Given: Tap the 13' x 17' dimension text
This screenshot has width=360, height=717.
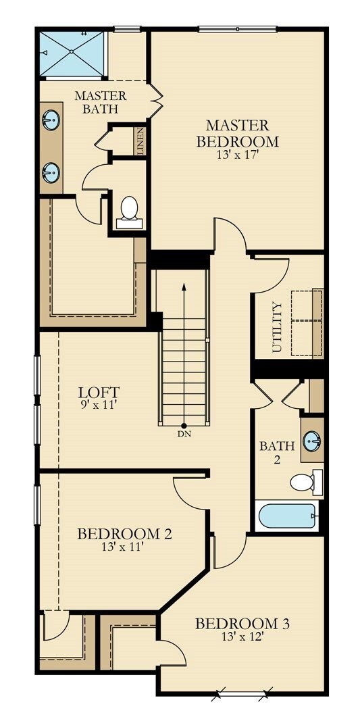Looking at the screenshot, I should [x=237, y=155].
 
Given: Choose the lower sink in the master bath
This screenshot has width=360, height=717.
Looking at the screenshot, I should [x=51, y=173].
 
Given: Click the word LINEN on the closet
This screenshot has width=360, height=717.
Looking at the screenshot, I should [x=140, y=142].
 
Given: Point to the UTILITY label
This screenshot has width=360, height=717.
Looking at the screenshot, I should [x=276, y=327].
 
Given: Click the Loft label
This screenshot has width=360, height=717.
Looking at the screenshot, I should [x=99, y=392].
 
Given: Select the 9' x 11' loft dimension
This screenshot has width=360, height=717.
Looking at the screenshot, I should [x=99, y=406].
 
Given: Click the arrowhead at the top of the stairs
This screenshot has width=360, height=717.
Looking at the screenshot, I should [x=184, y=285].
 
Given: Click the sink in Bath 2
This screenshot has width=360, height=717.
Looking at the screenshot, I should [x=312, y=441].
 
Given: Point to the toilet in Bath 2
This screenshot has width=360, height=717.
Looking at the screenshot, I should [x=305, y=483].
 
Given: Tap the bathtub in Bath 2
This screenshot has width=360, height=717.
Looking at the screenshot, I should [x=287, y=517].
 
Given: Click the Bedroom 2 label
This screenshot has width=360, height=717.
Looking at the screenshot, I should [x=124, y=534].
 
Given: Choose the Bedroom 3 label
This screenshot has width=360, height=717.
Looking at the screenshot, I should [x=242, y=623].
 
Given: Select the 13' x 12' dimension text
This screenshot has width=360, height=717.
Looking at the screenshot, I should [x=242, y=637].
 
